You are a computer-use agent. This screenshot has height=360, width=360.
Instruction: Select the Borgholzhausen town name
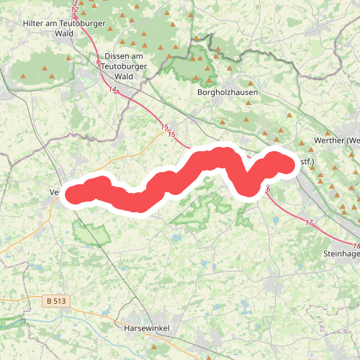tap(227, 93)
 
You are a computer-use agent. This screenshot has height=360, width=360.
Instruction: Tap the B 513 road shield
tap(55, 301)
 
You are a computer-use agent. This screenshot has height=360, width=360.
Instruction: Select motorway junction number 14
tap(113, 89)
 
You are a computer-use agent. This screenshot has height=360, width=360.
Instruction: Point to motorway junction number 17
tap(309, 222)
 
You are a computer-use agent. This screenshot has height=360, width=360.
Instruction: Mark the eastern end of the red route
tap(287, 164)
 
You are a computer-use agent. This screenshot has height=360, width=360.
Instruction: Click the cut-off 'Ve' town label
tap(54, 193)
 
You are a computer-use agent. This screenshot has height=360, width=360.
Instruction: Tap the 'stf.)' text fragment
tap(307, 163)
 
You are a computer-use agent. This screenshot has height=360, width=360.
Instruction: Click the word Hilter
tap(35, 23)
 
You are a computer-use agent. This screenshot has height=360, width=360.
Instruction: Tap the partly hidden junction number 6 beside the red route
tap(268, 189)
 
